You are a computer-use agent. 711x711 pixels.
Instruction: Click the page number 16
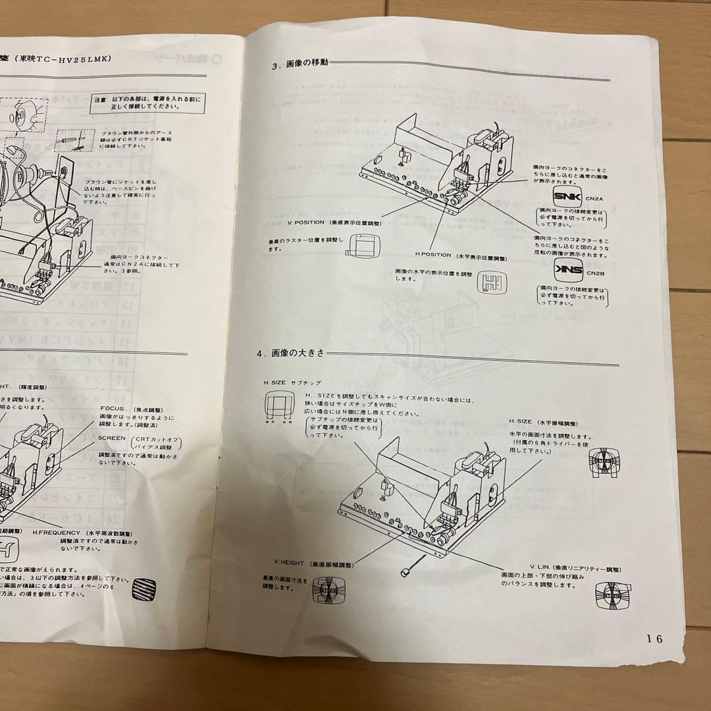coord(654,638)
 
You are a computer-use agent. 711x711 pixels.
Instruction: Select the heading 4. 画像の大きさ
coord(290,353)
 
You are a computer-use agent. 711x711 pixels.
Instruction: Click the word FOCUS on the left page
coord(113,408)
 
